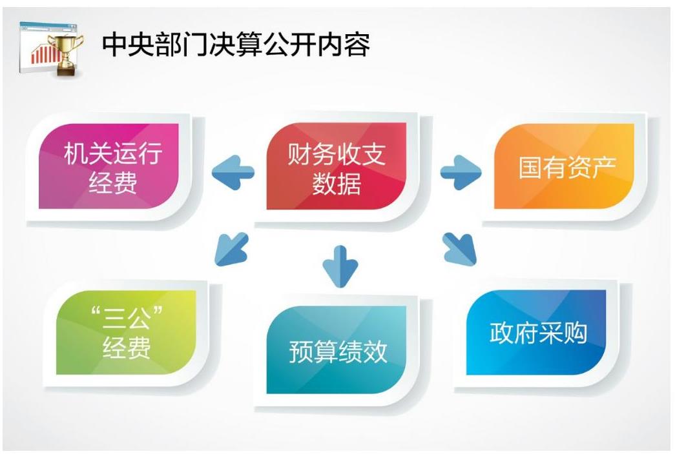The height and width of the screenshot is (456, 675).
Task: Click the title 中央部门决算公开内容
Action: click(236, 44)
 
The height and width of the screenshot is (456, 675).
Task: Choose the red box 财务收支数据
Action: click(337, 166)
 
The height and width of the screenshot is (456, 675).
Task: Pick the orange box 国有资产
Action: click(564, 166)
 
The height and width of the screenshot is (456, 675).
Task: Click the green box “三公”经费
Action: click(126, 332)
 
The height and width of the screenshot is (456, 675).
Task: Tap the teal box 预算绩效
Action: click(337, 350)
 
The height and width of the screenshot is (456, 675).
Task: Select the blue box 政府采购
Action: click(536, 332)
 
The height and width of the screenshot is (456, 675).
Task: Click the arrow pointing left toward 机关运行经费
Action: click(233, 172)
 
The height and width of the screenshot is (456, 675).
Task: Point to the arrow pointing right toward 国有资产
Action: click(461, 172)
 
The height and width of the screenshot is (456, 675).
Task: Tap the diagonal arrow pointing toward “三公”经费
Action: click(232, 249)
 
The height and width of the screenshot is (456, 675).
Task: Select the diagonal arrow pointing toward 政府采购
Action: click(460, 249)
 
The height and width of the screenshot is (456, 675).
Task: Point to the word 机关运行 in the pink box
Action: click(113, 153)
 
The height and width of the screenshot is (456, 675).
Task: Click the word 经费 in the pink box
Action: click(113, 183)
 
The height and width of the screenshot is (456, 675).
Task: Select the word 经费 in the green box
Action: click(127, 347)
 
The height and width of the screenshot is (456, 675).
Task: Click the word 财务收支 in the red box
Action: click(337, 154)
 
